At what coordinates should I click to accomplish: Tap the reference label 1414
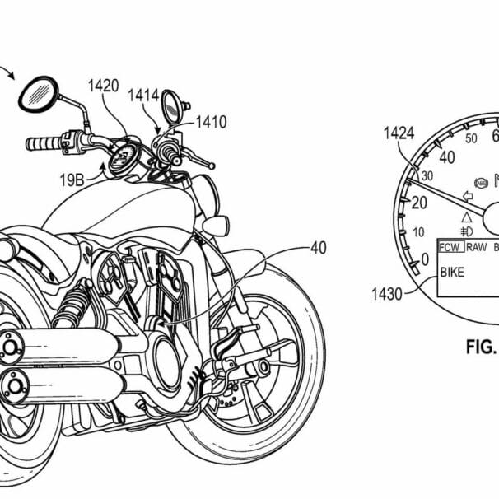point(142,96)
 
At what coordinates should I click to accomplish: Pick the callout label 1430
point(388,292)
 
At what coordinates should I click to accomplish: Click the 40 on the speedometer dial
point(448,156)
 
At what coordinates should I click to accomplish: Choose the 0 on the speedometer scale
point(425,260)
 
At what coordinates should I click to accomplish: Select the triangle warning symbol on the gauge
point(466,217)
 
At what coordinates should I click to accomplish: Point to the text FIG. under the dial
point(482,347)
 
